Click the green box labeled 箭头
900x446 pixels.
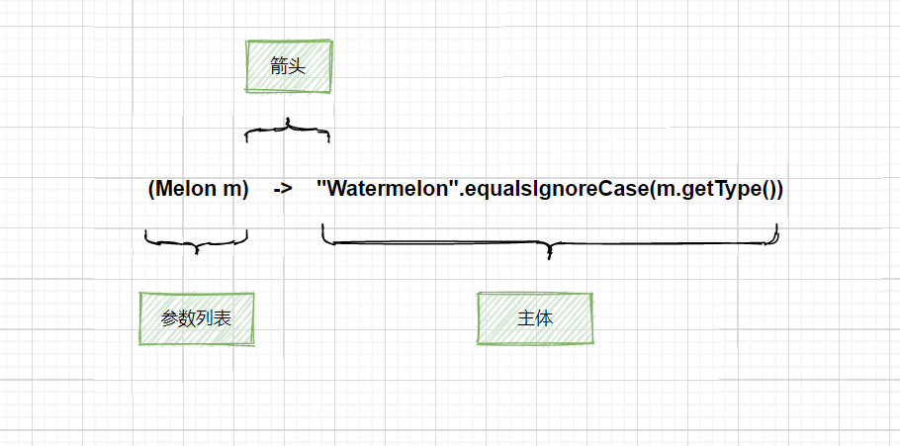[289, 67]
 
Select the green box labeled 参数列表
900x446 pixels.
[197, 318]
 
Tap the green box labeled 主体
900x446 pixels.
[535, 318]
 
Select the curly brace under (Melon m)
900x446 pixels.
[196, 241]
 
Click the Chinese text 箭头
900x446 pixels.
[289, 67]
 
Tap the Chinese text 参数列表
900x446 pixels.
[197, 318]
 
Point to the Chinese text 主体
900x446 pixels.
[535, 318]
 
